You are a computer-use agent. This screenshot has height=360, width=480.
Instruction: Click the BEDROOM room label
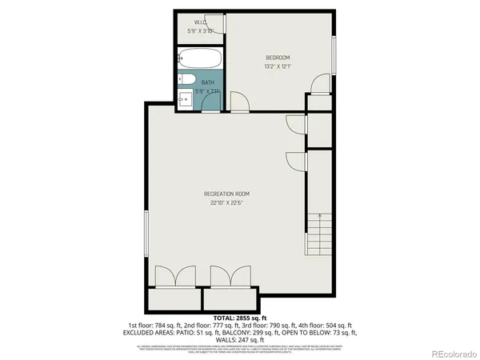[x=278, y=57]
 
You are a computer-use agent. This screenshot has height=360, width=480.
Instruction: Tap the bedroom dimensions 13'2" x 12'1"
[x=278, y=66]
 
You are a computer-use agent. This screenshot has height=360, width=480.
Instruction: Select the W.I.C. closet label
[x=202, y=22]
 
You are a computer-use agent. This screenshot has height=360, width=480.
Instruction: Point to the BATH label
[x=207, y=82]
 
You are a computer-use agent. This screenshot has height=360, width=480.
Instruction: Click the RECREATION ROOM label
[x=226, y=194]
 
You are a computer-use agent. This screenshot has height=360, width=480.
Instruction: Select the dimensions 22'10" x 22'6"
[x=226, y=203]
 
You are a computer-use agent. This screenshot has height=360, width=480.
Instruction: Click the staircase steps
[x=318, y=232]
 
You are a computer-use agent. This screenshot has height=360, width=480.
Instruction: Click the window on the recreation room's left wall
[x=146, y=235]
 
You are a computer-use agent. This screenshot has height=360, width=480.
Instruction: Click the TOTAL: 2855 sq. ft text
[x=239, y=318]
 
